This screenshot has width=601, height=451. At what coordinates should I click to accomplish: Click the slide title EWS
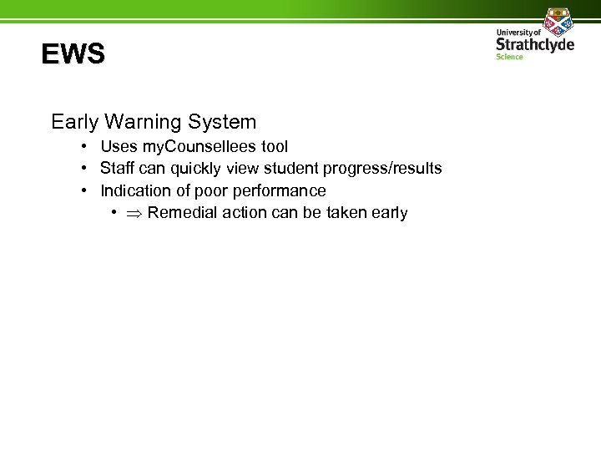(73, 55)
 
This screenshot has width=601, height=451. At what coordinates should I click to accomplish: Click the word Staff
(119, 169)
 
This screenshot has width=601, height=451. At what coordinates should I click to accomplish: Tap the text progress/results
(382, 169)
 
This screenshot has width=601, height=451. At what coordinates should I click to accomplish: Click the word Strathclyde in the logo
(535, 43)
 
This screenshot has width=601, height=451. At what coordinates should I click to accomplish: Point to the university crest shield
(556, 20)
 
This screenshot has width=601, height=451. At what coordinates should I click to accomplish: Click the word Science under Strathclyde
(509, 57)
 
